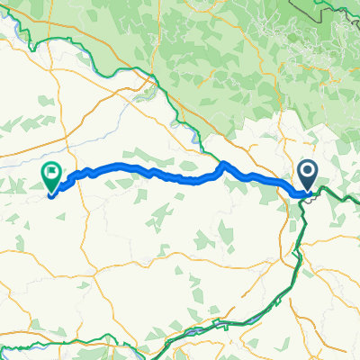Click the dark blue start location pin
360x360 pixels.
(307, 174)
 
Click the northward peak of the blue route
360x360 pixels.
(222, 163)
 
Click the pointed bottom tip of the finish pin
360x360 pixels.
(51, 192)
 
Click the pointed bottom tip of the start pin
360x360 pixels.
(307, 190)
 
